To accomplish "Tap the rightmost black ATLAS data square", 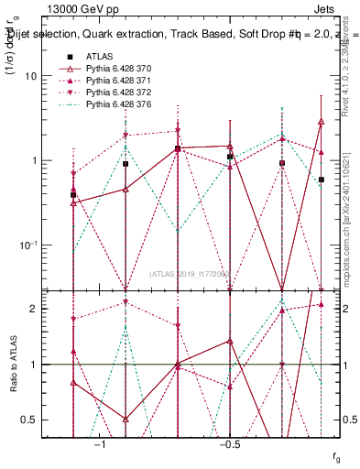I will pyautogui.click(x=322, y=180).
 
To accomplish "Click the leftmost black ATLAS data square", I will pyautogui.click(x=73, y=195).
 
